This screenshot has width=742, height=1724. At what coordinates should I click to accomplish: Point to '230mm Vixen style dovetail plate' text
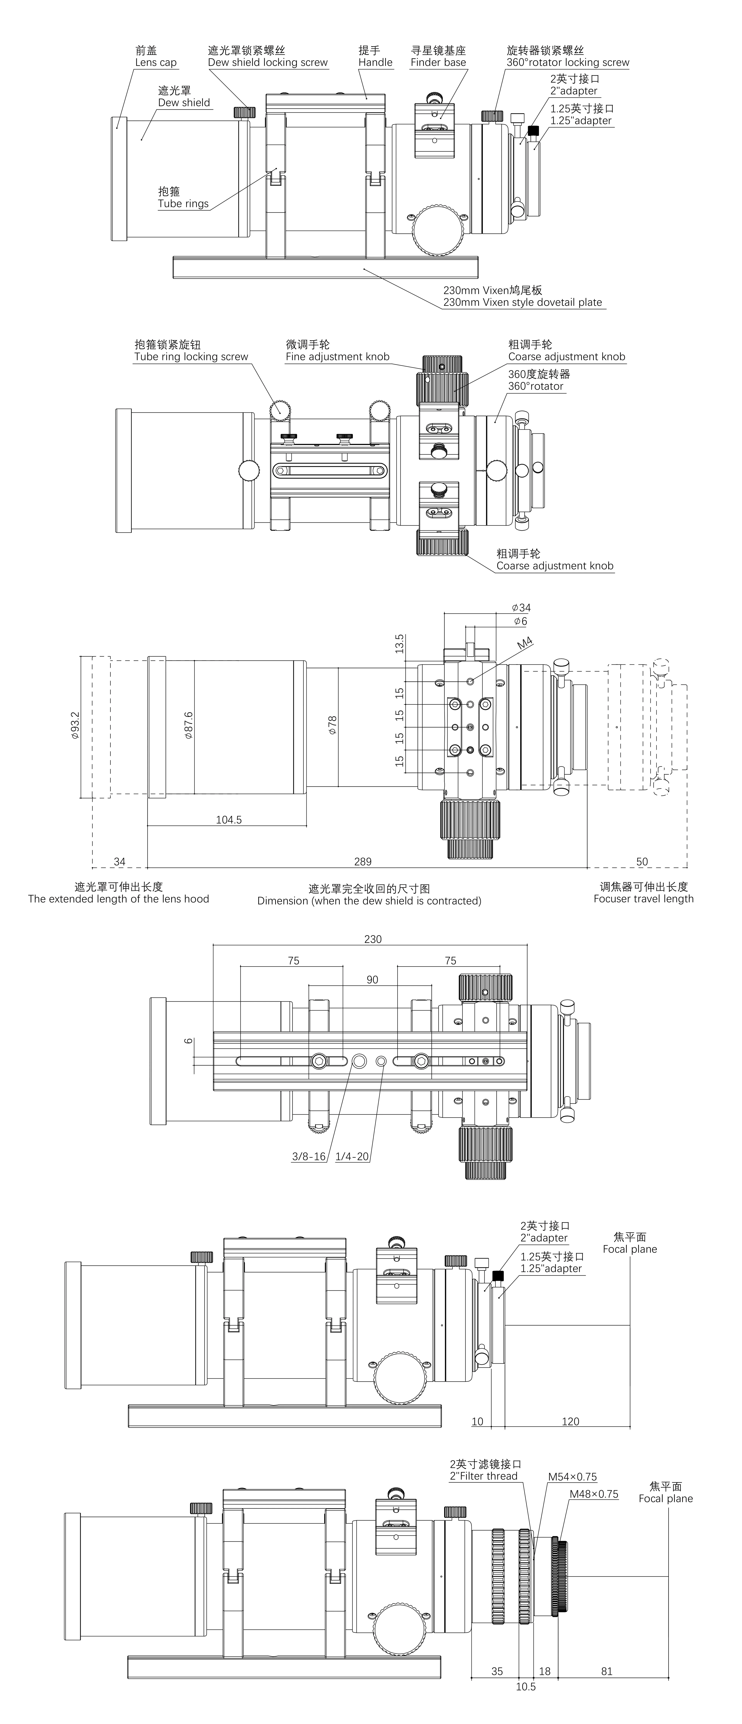522,302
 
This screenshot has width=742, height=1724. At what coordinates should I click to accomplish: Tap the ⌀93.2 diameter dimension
75,725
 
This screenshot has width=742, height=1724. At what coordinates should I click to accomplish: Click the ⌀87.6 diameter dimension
189,725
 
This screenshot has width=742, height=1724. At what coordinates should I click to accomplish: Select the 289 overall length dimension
362,862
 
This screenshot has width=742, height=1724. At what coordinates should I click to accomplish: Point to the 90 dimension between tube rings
372,980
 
